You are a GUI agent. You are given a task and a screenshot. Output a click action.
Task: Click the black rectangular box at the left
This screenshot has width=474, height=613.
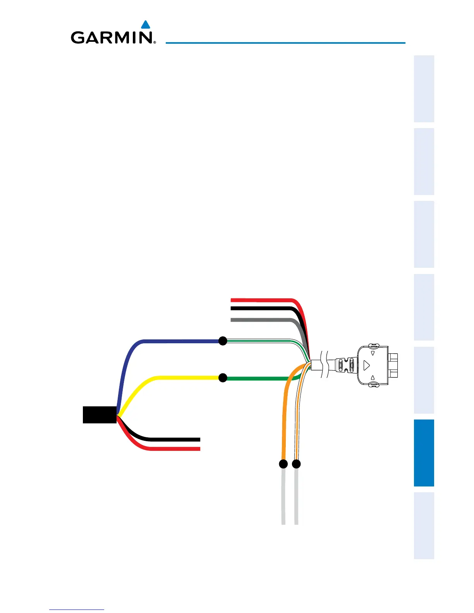100,415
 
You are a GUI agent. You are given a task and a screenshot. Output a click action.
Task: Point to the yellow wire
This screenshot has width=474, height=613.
182,377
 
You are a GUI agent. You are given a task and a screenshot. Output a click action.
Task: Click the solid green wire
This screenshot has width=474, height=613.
259,378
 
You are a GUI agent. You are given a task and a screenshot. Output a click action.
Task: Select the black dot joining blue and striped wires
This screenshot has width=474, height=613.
223,341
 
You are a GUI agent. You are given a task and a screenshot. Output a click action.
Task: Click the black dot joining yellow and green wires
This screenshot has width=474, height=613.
223,378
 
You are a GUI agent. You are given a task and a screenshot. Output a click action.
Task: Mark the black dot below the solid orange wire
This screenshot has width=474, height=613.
283,464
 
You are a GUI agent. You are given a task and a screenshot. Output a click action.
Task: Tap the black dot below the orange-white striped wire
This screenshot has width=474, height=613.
296,464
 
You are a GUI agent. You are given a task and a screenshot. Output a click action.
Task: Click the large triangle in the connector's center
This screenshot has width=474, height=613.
367,365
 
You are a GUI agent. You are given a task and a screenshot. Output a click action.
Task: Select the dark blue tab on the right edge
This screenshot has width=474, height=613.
424,453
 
